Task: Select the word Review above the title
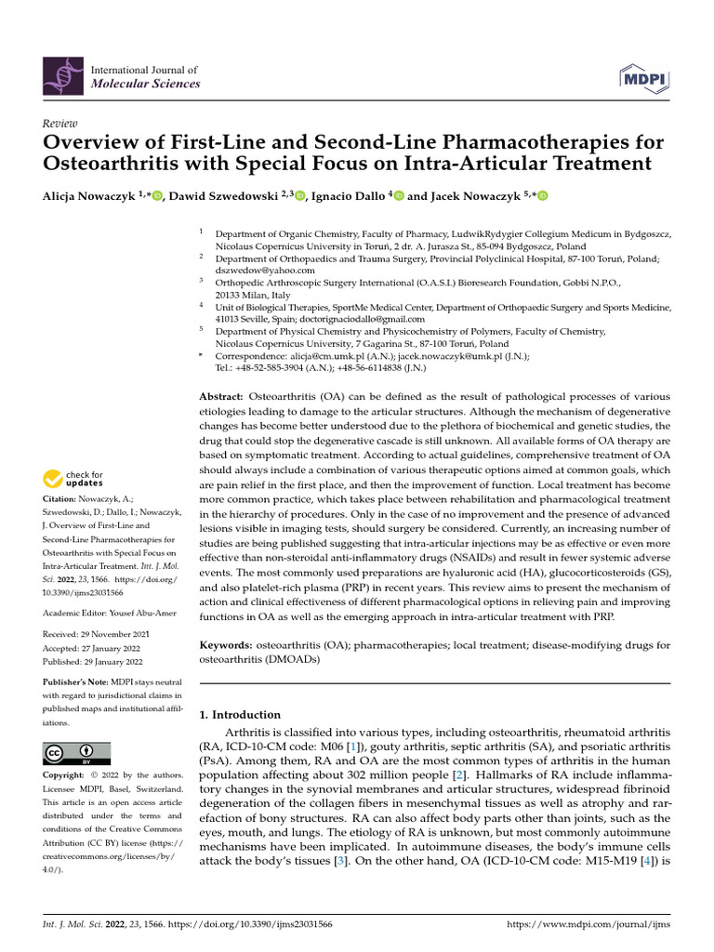pos(60,123)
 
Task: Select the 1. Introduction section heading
pos(241,715)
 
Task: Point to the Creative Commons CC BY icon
pos(76,753)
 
